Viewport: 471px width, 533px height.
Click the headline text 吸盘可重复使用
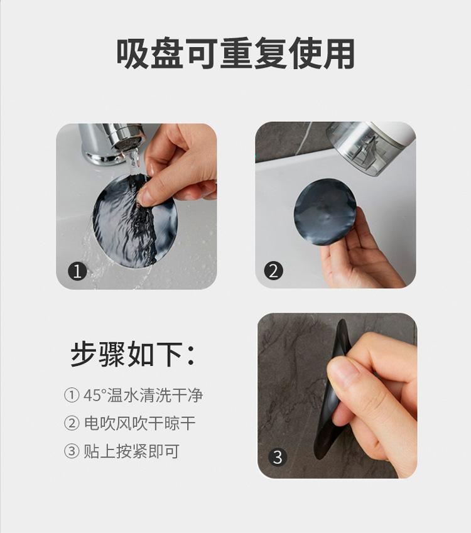click(235, 54)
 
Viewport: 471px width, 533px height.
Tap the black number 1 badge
click(77, 271)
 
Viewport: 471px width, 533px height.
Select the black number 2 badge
click(273, 271)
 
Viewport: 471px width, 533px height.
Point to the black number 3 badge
click(278, 457)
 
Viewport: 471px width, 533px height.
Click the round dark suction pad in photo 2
click(326, 212)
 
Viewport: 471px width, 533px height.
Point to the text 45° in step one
click(95, 396)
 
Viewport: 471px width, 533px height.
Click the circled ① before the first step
click(72, 396)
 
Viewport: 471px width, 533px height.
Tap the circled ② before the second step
click(72, 424)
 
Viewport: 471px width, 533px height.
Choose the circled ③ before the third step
click(72, 451)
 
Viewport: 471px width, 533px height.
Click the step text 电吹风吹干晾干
click(140, 424)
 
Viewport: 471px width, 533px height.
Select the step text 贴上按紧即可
click(132, 451)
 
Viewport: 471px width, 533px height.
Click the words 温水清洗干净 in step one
click(155, 396)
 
